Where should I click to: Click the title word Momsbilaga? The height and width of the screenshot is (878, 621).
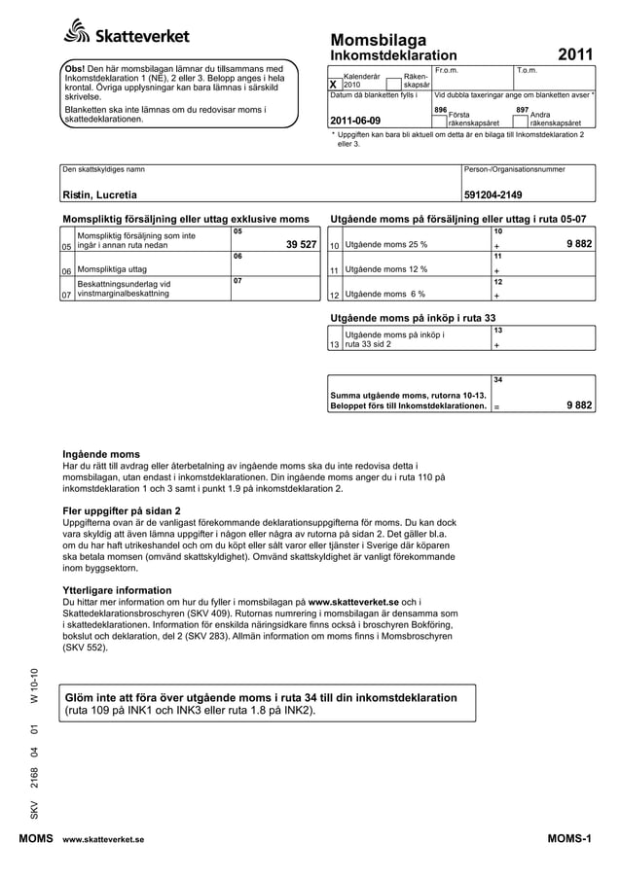point(379,40)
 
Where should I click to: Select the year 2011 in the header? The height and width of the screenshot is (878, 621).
point(575,56)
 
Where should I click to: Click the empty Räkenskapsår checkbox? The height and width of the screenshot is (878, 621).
point(394,84)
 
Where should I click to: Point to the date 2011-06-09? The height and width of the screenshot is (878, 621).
point(356,121)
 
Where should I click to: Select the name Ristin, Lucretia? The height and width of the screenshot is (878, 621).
point(100,193)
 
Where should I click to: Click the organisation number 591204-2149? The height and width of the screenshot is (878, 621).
point(493,193)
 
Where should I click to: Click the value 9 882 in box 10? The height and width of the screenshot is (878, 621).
point(579,245)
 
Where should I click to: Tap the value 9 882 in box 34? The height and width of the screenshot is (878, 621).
point(579,406)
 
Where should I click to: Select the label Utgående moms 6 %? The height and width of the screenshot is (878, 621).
point(384,294)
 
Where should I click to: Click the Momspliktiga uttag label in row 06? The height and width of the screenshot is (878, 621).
point(112,269)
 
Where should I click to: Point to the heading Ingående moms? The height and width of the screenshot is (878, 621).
point(101,454)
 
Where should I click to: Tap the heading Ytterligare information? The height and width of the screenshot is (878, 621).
point(117,590)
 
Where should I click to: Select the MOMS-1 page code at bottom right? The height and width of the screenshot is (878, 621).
point(569,837)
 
